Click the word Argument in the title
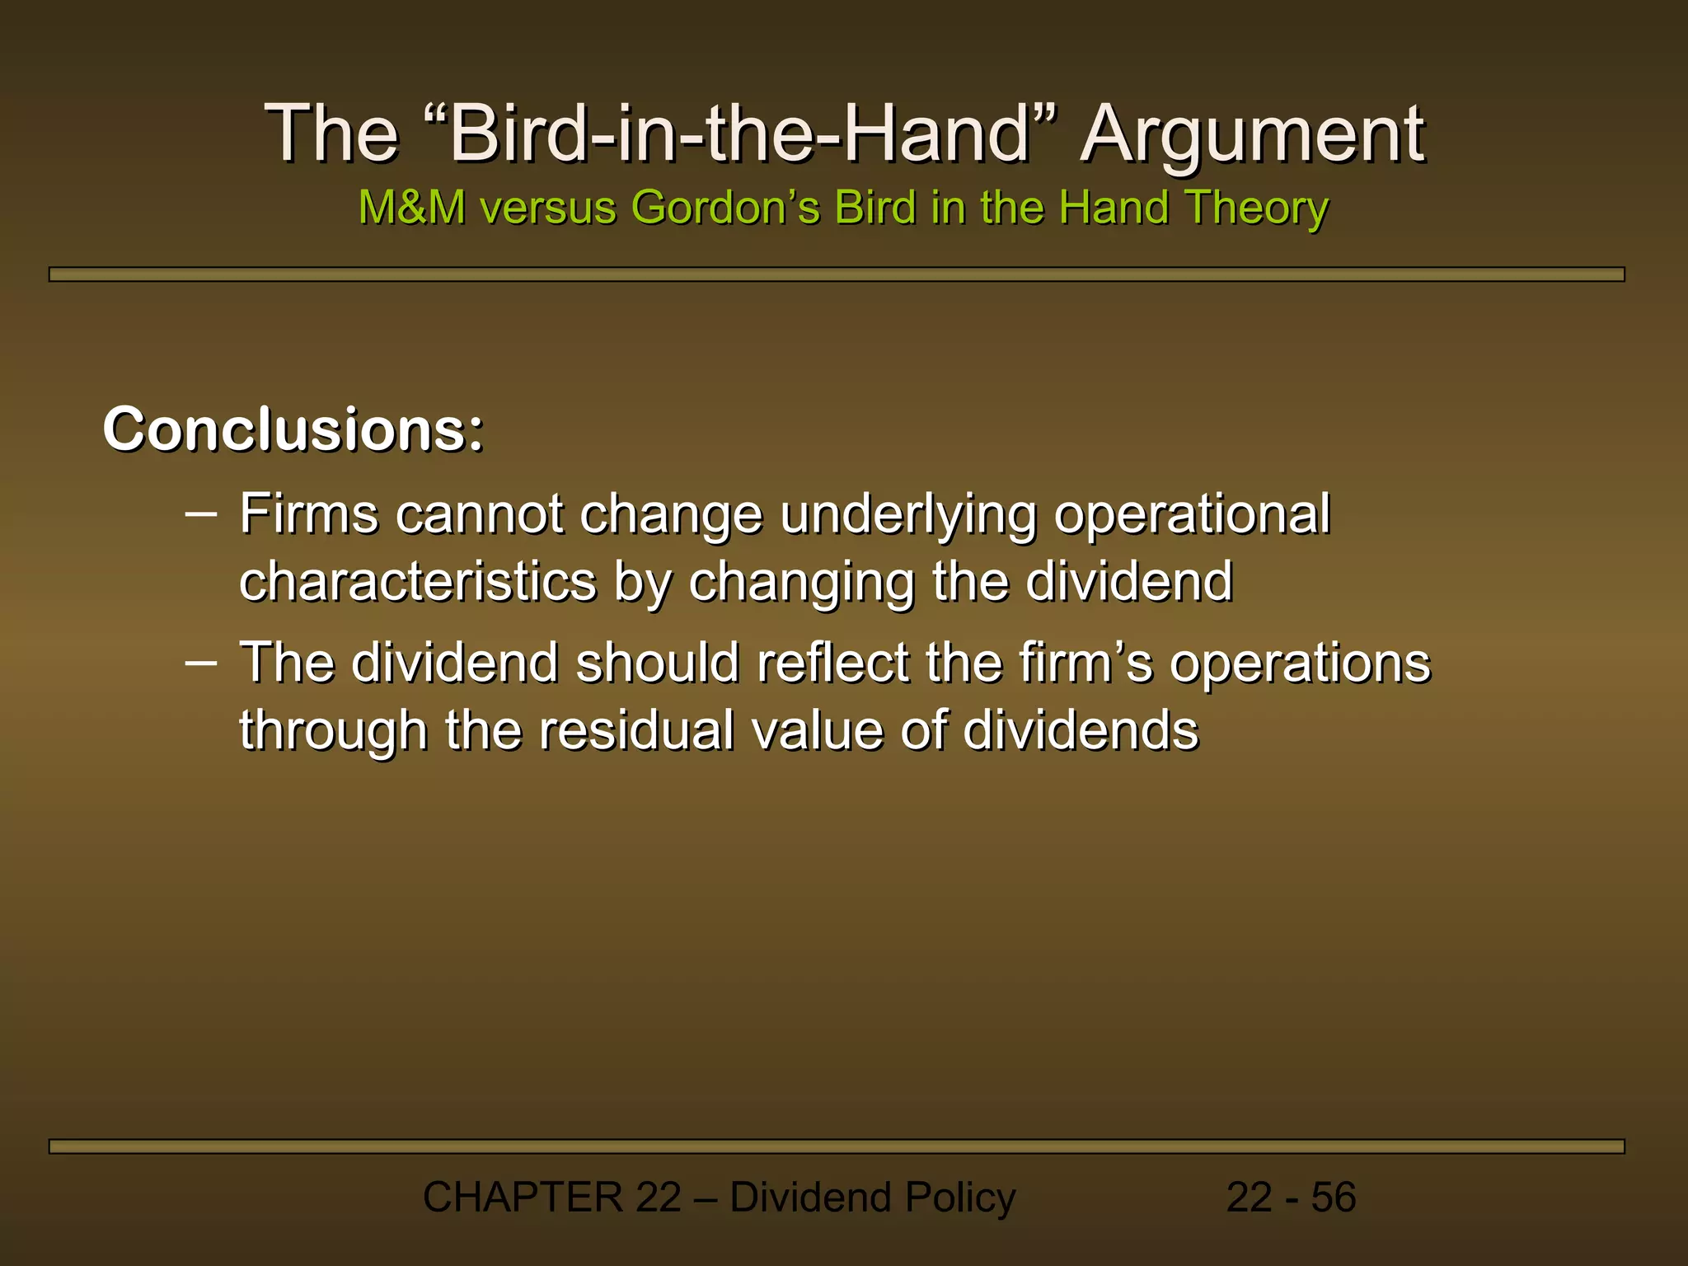click(x=1252, y=134)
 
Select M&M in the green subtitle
click(x=411, y=207)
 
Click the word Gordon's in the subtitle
click(x=725, y=207)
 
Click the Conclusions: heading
click(x=293, y=429)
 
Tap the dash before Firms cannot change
click(x=201, y=513)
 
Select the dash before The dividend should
click(x=201, y=661)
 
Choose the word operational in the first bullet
click(x=1192, y=515)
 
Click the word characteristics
click(x=417, y=581)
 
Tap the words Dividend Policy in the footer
click(x=873, y=1197)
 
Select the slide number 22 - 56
click(x=1291, y=1197)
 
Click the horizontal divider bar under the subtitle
click(x=836, y=274)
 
